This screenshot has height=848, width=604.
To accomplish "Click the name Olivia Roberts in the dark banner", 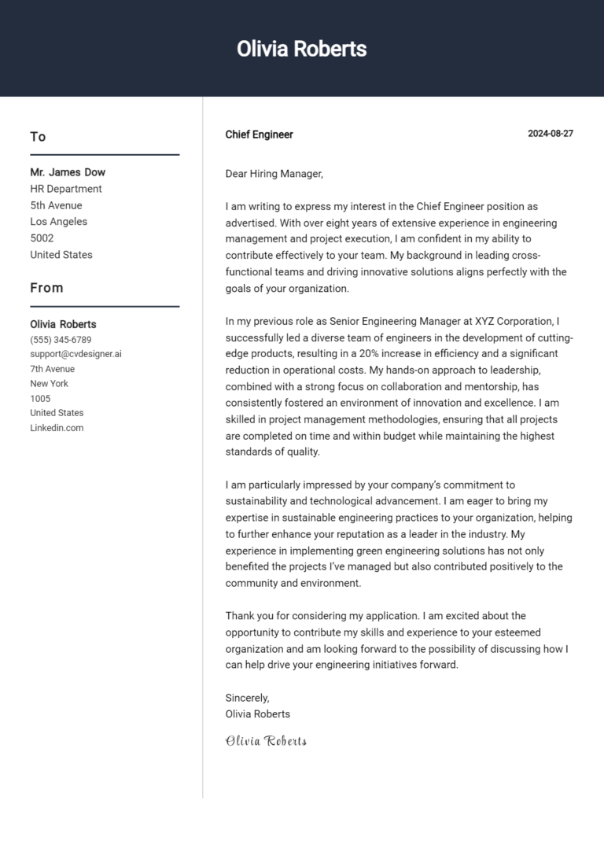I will pyautogui.click(x=301, y=49).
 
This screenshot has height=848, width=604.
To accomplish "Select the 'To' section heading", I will pyautogui.click(x=38, y=137).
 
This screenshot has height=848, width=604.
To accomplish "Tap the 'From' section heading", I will pyautogui.click(x=46, y=288).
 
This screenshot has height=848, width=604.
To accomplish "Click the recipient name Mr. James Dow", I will pyautogui.click(x=68, y=172).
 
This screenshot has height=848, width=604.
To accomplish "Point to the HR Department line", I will pyautogui.click(x=66, y=189).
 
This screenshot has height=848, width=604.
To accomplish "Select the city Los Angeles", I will pyautogui.click(x=59, y=222).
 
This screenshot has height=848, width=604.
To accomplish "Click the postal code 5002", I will pyautogui.click(x=42, y=238).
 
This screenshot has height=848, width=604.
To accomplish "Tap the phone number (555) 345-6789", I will pyautogui.click(x=61, y=340).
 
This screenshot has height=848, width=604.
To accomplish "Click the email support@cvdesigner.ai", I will pyautogui.click(x=75, y=354).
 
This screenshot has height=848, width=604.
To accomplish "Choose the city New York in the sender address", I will pyautogui.click(x=49, y=384).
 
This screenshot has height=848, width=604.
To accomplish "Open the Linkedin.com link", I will pyautogui.click(x=57, y=428).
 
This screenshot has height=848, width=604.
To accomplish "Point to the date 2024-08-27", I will pyautogui.click(x=550, y=134).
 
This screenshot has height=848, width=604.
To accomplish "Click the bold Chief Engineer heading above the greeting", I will pyautogui.click(x=259, y=135).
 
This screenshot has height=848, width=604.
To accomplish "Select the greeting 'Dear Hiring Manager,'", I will pyautogui.click(x=274, y=174).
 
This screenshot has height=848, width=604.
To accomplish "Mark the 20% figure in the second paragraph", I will pyautogui.click(x=370, y=354).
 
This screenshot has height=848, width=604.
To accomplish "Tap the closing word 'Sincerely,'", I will pyautogui.click(x=247, y=698).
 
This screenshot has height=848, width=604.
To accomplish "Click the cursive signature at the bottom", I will pyautogui.click(x=266, y=741).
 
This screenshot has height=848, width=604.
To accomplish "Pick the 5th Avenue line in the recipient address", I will pyautogui.click(x=56, y=205).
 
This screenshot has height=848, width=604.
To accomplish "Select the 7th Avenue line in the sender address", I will pyautogui.click(x=52, y=369).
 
